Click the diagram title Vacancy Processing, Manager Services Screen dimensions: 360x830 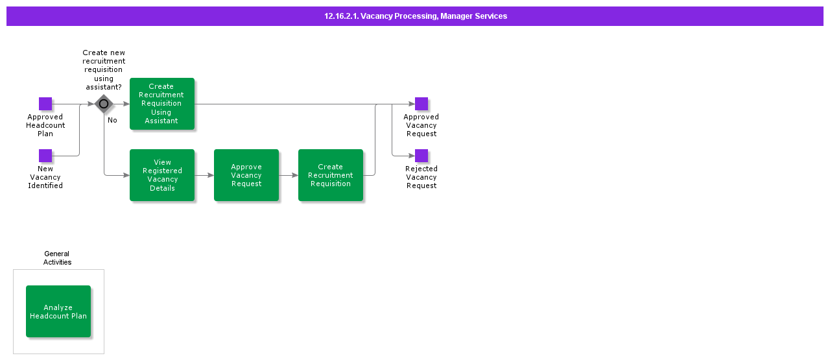click(415, 16)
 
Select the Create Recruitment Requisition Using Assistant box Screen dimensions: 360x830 click(162, 104)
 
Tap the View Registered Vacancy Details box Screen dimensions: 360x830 click(162, 175)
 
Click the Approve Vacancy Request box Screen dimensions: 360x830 click(246, 175)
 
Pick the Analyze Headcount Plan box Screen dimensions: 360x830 click(58, 311)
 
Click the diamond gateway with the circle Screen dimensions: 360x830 click(104, 104)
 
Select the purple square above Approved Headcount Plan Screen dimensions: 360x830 click(45, 104)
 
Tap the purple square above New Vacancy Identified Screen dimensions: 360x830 click(45, 156)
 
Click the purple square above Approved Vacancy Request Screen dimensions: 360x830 click(421, 104)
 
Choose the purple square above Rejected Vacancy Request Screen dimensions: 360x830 click(421, 156)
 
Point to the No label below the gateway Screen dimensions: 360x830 click(112, 120)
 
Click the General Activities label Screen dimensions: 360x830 click(57, 258)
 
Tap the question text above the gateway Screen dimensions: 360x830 click(104, 70)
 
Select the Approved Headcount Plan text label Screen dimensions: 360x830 click(45, 125)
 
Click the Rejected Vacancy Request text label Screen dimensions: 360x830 click(421, 177)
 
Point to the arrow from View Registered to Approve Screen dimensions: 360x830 click(204, 175)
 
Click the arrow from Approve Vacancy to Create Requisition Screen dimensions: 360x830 click(289, 175)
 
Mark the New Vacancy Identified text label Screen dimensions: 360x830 click(45, 177)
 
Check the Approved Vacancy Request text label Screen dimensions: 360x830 click(421, 125)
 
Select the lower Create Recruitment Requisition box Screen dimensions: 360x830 click(331, 175)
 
